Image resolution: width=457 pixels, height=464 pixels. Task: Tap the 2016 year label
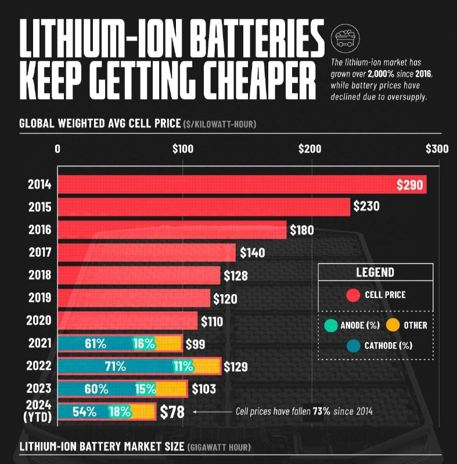point(39,230)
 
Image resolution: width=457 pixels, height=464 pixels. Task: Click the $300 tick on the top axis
point(437,148)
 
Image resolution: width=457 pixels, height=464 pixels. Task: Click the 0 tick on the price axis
point(57,148)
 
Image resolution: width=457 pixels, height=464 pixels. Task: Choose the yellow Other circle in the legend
point(394,325)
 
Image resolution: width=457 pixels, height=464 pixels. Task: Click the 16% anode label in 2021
point(143,343)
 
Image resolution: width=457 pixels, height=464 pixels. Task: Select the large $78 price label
point(172,412)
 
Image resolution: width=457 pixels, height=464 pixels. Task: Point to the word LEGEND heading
point(375,272)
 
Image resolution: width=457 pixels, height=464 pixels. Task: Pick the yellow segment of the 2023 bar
point(171,389)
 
